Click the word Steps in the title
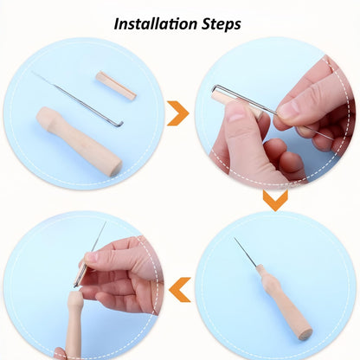221,24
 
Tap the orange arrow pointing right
178,113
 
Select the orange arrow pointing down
275,200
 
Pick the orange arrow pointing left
180,290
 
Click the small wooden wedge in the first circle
116,86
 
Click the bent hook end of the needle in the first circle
119,124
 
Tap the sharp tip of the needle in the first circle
32,71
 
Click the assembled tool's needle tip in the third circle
235,238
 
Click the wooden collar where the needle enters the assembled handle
260,270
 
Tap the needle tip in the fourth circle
106,222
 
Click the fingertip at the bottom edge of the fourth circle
60,353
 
